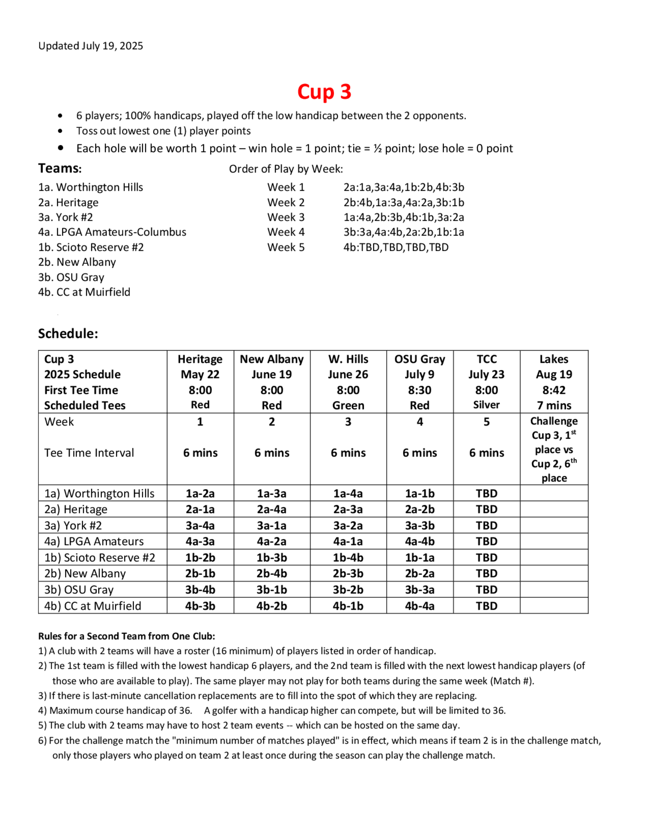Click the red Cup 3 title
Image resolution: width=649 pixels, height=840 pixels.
[x=324, y=92]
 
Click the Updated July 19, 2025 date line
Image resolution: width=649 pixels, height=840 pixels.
[x=91, y=46]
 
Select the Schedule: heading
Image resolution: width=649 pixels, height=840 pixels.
[x=68, y=333]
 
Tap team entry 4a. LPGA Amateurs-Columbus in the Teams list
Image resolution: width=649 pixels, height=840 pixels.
[x=112, y=232]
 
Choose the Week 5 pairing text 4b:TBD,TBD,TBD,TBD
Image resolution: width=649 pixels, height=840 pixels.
[x=396, y=247]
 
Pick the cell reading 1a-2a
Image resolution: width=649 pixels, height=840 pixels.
[x=200, y=493]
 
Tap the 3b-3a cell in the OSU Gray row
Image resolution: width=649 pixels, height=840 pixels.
[x=420, y=590]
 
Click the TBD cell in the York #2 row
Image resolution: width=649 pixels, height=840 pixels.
[x=486, y=525]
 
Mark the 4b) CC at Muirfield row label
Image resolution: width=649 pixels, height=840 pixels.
[x=93, y=606]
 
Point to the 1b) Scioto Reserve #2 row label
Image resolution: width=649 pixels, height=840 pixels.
[x=100, y=558]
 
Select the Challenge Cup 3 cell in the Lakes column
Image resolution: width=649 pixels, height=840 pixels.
[x=554, y=449]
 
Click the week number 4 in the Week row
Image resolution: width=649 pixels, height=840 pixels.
[x=420, y=422]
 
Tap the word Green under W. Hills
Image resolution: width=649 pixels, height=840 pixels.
[x=348, y=405]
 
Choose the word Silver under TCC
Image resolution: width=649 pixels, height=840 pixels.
[x=486, y=405]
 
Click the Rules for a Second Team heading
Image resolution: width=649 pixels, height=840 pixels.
[x=127, y=636]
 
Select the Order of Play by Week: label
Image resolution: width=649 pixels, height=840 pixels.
[x=286, y=169]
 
